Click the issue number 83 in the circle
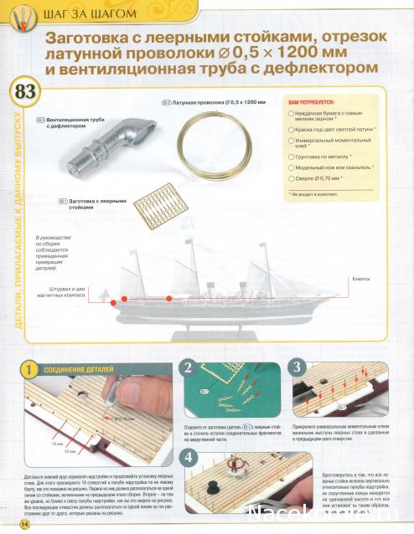pos(26,92)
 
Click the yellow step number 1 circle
pos(28,369)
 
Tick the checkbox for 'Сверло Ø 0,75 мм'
pos(291,178)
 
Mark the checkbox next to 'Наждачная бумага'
pos(291,111)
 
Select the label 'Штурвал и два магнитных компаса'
pos(61,291)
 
